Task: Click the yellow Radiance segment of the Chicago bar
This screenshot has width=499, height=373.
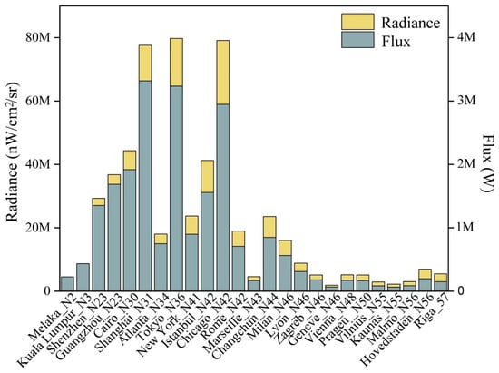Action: (x=223, y=73)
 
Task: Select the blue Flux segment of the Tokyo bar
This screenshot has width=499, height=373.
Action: (x=176, y=189)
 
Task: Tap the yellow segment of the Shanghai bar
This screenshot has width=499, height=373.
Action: (x=145, y=63)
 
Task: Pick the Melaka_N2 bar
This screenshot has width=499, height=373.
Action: (x=67, y=284)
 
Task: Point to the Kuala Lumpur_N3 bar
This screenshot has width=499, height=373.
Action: (x=83, y=277)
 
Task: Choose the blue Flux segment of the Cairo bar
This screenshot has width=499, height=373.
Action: (x=130, y=231)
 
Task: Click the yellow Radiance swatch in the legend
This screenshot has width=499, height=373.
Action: (x=357, y=22)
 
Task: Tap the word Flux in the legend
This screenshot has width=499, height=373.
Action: (x=396, y=42)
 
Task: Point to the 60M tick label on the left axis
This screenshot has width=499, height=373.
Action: (x=38, y=102)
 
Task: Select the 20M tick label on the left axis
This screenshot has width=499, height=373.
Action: (x=38, y=228)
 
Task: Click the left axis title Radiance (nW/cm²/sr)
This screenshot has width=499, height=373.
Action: (x=14, y=152)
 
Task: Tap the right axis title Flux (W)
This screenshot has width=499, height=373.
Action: (x=488, y=163)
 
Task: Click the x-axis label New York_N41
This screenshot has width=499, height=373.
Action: (x=168, y=325)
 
